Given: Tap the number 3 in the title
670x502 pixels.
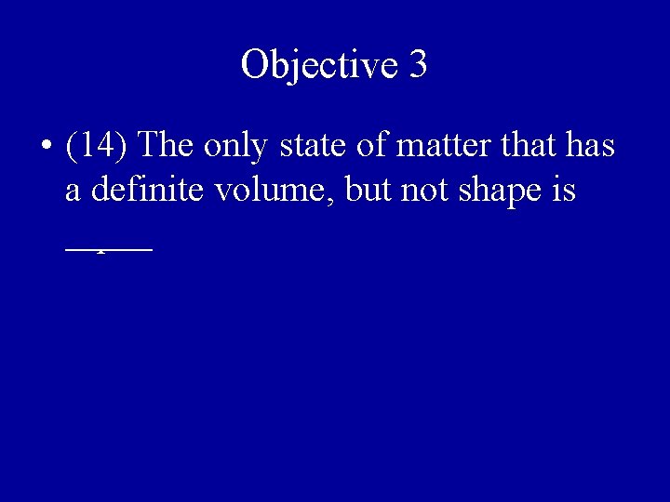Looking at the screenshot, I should tap(418, 64).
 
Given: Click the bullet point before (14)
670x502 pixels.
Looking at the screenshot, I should tap(45, 147).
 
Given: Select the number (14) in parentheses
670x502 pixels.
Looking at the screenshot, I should tap(97, 146).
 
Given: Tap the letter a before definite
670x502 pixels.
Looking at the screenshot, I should tap(73, 192).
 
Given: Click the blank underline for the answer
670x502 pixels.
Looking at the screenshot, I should tap(108, 247).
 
